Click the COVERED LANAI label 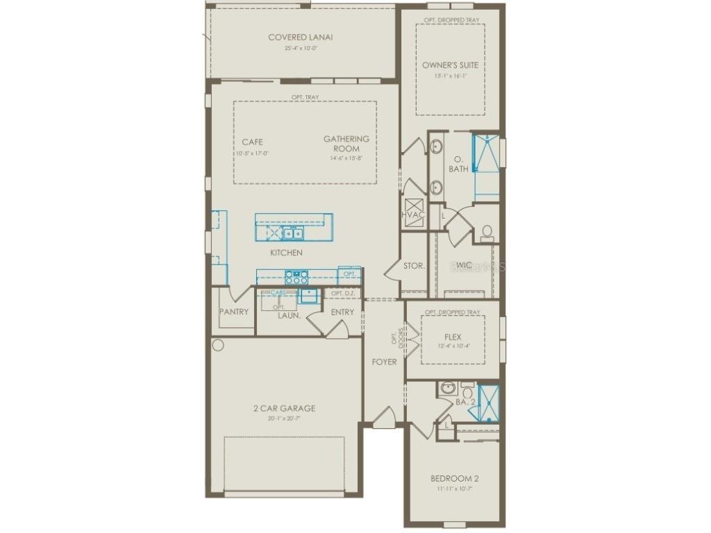click(x=300, y=37)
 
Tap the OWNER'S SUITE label click(x=450, y=65)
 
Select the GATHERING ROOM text click(x=346, y=144)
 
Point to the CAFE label click(x=252, y=142)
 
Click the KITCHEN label click(x=286, y=253)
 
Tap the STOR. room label click(x=414, y=266)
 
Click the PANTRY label click(x=234, y=312)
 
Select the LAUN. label click(x=289, y=315)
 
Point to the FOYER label click(x=384, y=362)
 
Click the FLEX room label click(x=453, y=337)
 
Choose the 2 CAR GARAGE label click(x=284, y=408)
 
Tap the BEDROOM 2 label click(x=454, y=479)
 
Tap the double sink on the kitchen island click(x=291, y=233)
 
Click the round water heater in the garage click(x=218, y=345)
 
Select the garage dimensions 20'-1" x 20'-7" click(x=284, y=418)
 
